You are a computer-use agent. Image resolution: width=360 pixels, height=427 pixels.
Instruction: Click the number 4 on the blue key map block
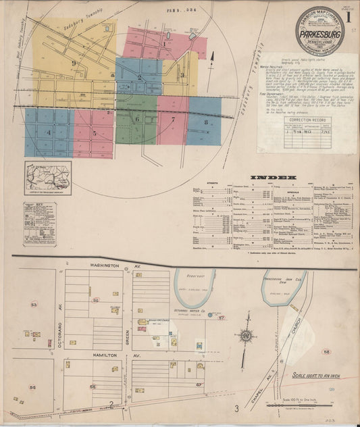point(48,133)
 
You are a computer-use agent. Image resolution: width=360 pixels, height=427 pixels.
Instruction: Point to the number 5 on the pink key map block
point(94,133)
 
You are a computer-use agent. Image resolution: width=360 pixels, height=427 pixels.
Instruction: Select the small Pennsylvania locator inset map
point(48,178)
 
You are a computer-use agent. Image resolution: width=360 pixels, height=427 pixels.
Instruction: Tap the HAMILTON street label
point(107,354)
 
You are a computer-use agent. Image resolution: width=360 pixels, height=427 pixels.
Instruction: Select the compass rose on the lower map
point(246,336)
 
